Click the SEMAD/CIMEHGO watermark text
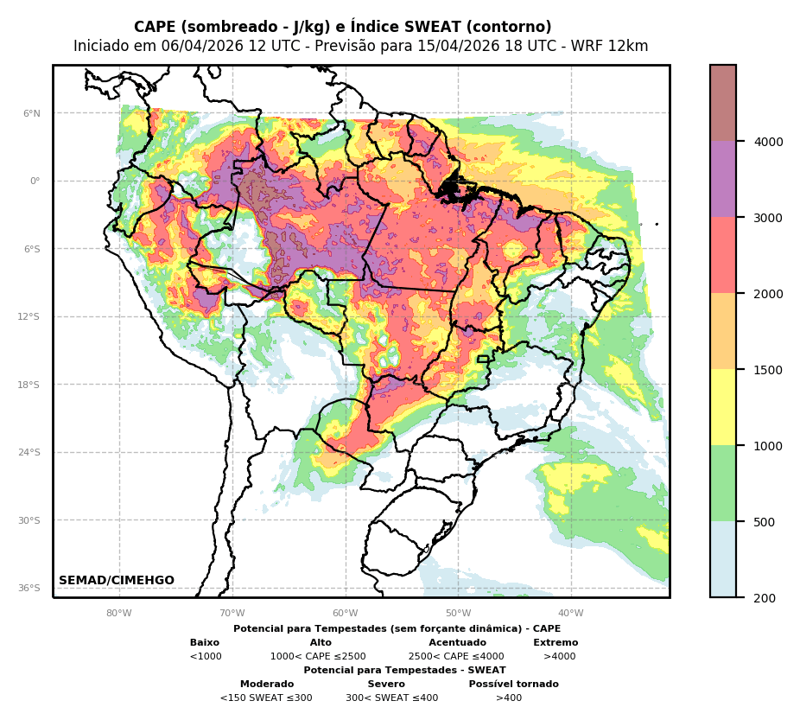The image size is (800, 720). (x=117, y=581)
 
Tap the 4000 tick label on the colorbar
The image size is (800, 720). (x=768, y=142)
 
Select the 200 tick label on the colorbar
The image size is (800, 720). (x=765, y=598)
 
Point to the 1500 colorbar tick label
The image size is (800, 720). (x=768, y=370)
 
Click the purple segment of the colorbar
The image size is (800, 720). (x=723, y=179)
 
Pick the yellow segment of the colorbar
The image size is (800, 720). (x=723, y=407)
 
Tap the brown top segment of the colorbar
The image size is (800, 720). (x=723, y=103)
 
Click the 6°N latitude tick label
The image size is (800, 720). (x=31, y=113)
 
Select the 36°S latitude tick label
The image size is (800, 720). (x=29, y=589)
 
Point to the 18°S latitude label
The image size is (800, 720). (x=29, y=385)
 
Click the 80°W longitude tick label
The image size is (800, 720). (x=119, y=614)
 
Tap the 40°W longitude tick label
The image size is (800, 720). (x=571, y=614)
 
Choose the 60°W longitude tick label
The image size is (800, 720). (x=346, y=614)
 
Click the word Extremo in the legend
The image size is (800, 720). (x=556, y=643)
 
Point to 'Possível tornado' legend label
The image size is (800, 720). (x=513, y=685)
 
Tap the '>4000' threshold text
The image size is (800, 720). (x=559, y=657)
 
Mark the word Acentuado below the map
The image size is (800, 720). (x=457, y=643)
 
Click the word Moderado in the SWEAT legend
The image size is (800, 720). (x=267, y=685)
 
